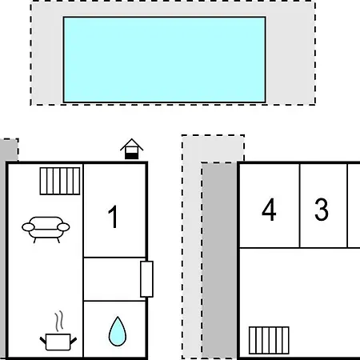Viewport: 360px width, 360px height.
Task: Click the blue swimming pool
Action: point(164,59)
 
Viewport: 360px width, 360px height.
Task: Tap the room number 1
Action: point(114,217)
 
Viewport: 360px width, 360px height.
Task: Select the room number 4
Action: point(269,210)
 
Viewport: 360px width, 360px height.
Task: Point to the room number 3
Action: point(322,210)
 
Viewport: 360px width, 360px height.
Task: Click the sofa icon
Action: point(46,230)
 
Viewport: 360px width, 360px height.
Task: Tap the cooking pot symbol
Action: point(58,342)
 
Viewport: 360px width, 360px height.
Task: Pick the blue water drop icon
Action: point(118,331)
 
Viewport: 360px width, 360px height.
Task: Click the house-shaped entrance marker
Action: point(131,149)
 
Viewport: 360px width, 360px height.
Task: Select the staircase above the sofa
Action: point(60,181)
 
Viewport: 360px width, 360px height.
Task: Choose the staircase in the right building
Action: point(269,341)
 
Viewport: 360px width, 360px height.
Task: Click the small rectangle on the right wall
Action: point(146,279)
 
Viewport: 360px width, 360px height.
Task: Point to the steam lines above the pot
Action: point(59,321)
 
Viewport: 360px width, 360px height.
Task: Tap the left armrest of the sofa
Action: point(28,227)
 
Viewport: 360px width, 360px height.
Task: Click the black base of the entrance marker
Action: point(132,156)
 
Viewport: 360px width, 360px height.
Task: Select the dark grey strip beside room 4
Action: point(219,261)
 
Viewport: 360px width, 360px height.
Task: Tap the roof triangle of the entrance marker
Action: point(131,144)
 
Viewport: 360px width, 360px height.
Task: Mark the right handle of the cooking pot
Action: point(74,341)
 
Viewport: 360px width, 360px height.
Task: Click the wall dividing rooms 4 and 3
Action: point(300,206)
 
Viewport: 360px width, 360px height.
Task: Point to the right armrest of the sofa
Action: point(63,227)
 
